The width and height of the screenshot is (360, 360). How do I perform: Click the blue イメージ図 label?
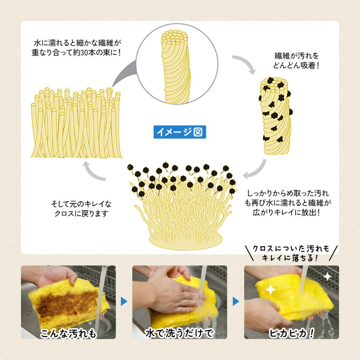click(180, 131)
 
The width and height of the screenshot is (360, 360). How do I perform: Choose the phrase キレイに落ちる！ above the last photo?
click(291, 258)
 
